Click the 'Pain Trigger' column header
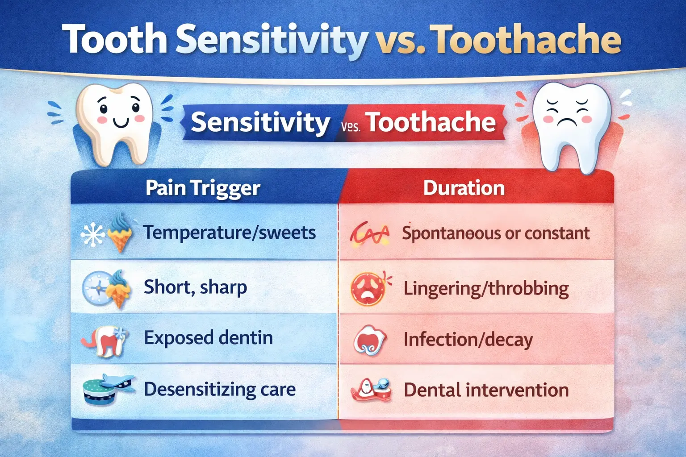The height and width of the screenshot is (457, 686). pyautogui.click(x=203, y=188)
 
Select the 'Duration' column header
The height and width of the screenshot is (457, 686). pyautogui.click(x=464, y=188)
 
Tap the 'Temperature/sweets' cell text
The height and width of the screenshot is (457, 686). pyautogui.click(x=229, y=233)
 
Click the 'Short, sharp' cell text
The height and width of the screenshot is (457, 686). pyautogui.click(x=195, y=287)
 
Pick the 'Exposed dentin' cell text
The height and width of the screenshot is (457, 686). pyautogui.click(x=208, y=338)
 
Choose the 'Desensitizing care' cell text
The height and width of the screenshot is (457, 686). pyautogui.click(x=219, y=389)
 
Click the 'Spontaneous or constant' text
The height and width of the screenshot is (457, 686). pyautogui.click(x=496, y=233)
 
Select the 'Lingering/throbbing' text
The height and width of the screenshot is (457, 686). pyautogui.click(x=486, y=288)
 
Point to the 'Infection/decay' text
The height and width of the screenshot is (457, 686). pyautogui.click(x=468, y=340)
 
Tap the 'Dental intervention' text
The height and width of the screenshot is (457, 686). pyautogui.click(x=486, y=390)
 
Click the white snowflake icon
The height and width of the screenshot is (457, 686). pyautogui.click(x=92, y=235)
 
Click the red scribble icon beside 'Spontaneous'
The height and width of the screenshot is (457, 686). pyautogui.click(x=369, y=234)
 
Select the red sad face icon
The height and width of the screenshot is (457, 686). pyautogui.click(x=368, y=289)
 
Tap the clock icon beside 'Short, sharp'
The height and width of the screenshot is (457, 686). pyautogui.click(x=96, y=288)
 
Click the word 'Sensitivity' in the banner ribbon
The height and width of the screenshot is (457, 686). pyautogui.click(x=260, y=122)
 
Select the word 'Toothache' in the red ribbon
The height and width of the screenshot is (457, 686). pyautogui.click(x=431, y=122)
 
